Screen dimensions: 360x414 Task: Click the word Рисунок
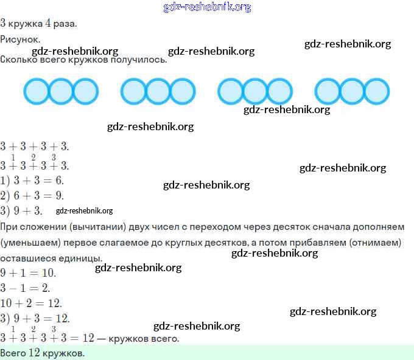pos(19,39)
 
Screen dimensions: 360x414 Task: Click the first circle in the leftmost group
pos(36,91)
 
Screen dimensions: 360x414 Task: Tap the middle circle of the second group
pos(158,91)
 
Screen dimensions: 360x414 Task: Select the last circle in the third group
pos(279,91)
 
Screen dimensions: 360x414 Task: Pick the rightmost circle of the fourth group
pos(376,91)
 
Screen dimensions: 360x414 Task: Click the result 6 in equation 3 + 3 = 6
pos(59,181)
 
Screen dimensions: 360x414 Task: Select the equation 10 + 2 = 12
pos(32,303)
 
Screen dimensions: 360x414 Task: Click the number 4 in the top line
pos(48,24)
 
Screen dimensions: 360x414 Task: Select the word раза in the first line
pos(65,24)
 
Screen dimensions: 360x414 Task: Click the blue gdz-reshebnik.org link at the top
pos(207,7)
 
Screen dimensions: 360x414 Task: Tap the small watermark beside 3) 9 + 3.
pos(84,211)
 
